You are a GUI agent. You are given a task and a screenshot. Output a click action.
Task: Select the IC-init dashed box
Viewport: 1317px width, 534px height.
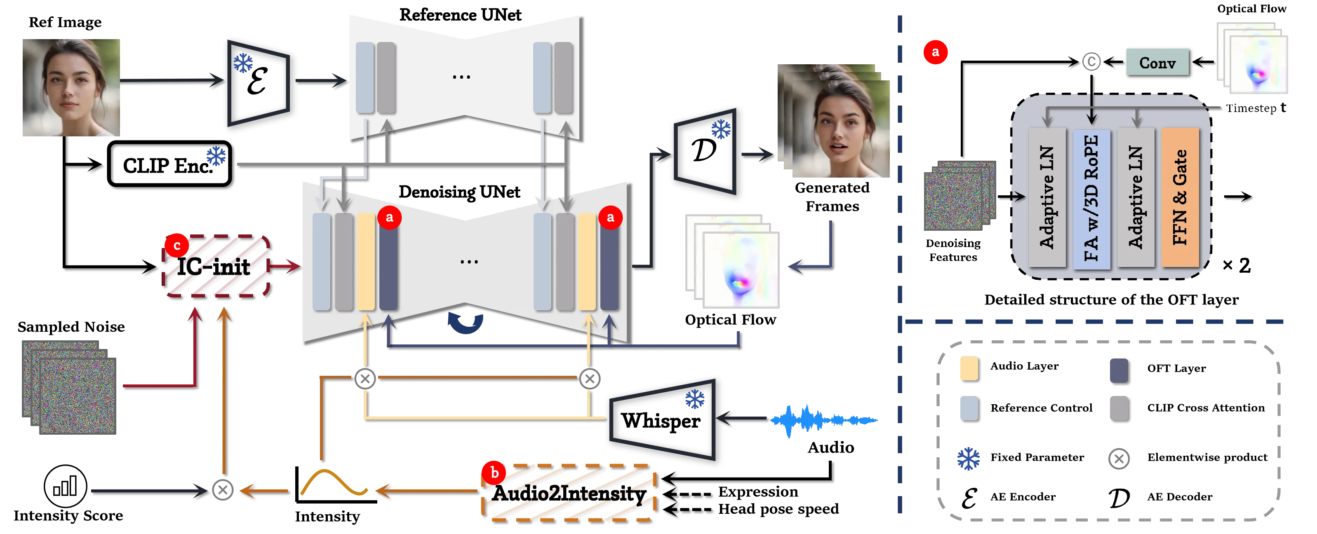pos(216,266)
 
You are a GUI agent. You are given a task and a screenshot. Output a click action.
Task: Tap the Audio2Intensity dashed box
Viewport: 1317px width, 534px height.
pos(569,493)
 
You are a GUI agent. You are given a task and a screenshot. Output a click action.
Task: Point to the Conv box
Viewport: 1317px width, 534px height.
pos(1157,62)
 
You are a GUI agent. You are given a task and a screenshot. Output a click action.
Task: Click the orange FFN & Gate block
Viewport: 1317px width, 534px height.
pos(1180,197)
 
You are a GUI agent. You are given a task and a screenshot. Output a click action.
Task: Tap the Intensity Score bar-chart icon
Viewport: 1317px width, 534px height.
pos(66,486)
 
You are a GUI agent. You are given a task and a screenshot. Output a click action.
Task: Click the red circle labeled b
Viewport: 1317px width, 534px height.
pos(494,473)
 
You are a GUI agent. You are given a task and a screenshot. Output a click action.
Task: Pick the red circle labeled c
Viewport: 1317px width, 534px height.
pos(177,246)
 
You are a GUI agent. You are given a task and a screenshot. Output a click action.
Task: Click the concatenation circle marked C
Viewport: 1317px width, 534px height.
pos(1091,62)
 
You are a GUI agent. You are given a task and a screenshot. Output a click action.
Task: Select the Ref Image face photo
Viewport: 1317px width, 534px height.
pos(71,87)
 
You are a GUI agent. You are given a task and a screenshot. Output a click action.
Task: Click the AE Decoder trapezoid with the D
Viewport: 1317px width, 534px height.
pos(705,151)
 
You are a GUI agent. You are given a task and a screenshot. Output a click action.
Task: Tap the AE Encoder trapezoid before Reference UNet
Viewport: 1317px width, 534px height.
pos(259,83)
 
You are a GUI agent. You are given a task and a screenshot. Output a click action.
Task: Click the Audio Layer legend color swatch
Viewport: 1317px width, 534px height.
pos(969,368)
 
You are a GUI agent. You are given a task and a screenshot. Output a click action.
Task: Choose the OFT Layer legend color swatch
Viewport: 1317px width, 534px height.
pos(1119,370)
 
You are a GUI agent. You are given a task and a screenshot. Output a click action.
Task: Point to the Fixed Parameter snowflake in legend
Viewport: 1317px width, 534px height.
pos(968,458)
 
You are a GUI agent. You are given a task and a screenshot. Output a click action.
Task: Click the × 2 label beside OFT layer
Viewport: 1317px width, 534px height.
pos(1236,265)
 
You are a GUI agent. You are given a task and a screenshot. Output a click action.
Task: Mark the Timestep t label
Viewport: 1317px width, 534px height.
pos(1256,108)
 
